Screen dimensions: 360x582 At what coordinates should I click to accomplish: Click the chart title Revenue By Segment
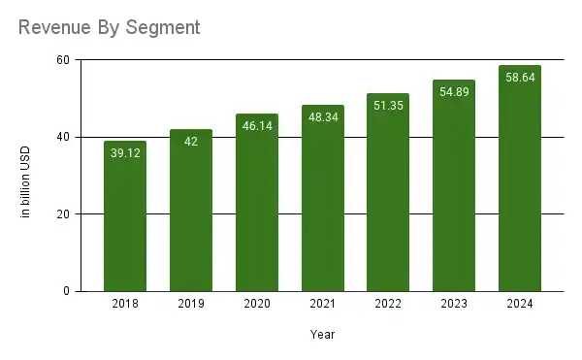tap(110, 27)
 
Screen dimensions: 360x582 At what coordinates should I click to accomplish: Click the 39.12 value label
tap(125, 153)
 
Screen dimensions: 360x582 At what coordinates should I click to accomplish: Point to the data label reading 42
tap(191, 142)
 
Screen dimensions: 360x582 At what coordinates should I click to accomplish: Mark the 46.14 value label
tap(257, 126)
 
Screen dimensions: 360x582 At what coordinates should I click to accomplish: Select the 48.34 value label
tap(322, 117)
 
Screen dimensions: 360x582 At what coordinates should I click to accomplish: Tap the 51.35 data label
tap(388, 106)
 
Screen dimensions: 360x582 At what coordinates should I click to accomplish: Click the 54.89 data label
tap(454, 92)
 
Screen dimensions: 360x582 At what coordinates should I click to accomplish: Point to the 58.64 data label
tap(519, 78)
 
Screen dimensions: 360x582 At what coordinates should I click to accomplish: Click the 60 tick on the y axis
tap(63, 60)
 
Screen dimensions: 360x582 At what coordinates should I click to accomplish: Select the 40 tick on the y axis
tap(63, 137)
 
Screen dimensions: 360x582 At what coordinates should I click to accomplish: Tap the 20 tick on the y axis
tap(63, 214)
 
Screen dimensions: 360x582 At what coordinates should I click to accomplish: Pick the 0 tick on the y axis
tap(67, 291)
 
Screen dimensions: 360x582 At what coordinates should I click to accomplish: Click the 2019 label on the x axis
tap(191, 305)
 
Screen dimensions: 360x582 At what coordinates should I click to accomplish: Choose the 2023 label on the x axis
tap(454, 305)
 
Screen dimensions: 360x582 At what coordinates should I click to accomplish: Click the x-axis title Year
tap(322, 334)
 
